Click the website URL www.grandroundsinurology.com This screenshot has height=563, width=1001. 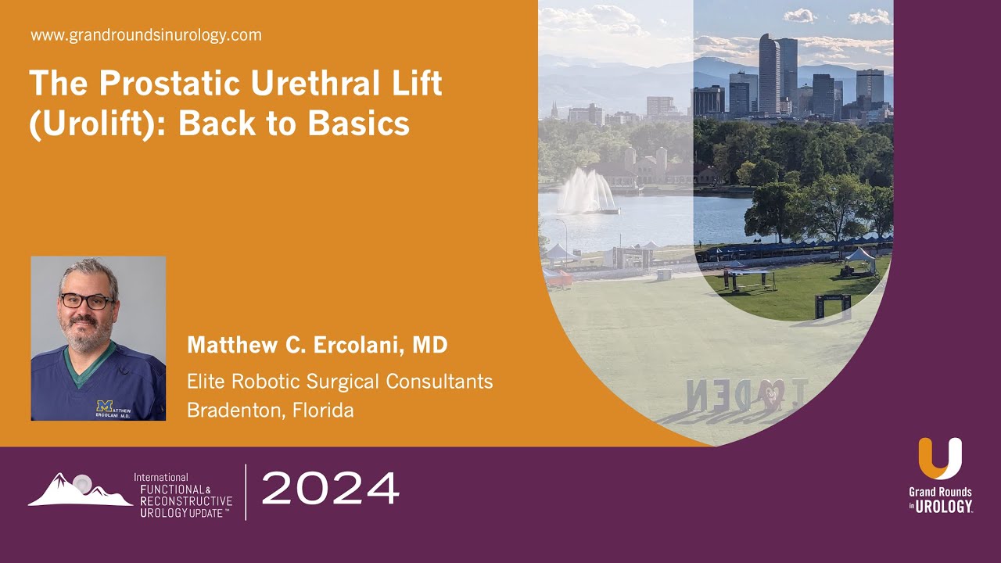[146, 35]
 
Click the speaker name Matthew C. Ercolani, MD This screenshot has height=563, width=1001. [317, 345]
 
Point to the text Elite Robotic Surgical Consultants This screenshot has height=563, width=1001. [339, 382]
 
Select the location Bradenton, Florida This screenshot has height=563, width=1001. [270, 410]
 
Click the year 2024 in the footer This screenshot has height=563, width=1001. [330, 489]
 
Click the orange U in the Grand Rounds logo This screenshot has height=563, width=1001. [939, 458]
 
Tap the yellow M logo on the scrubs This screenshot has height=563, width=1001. [104, 406]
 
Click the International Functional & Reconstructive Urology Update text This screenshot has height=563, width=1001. [184, 495]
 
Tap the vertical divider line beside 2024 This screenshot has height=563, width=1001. [246, 492]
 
